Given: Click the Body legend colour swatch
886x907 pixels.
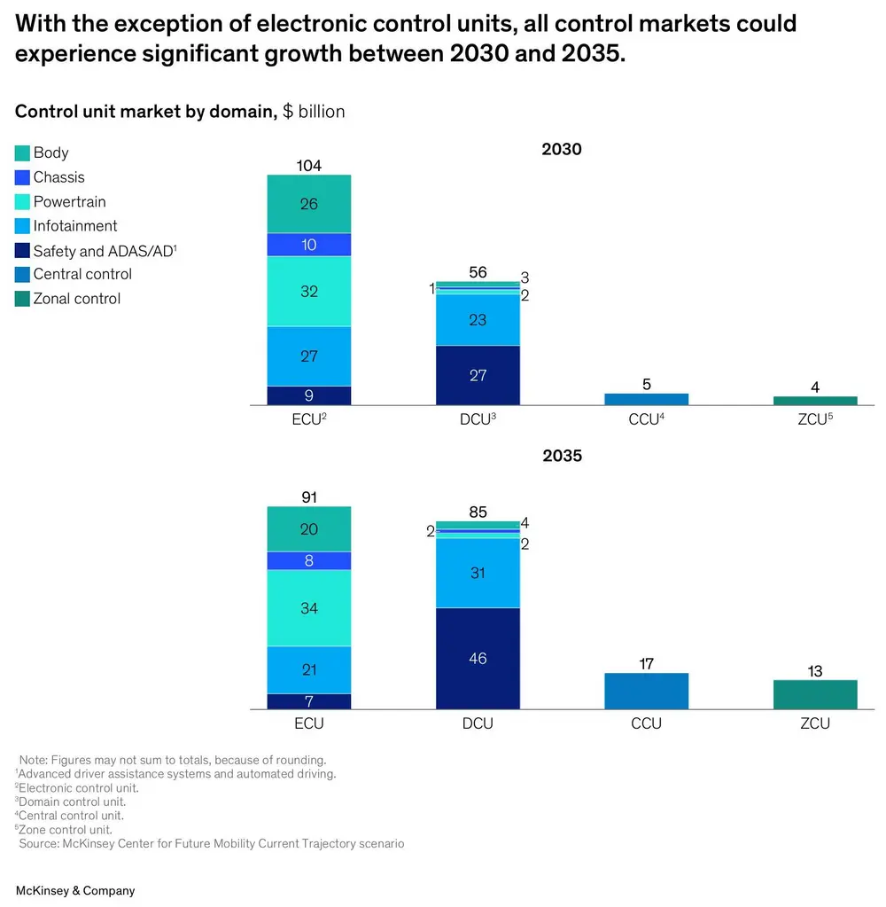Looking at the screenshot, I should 23,153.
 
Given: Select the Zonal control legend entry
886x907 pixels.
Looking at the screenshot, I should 76,299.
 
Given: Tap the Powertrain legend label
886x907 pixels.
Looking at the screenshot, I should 69,202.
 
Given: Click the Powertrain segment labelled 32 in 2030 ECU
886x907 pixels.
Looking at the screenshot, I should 309,292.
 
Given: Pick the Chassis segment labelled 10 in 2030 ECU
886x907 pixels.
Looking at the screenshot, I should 309,245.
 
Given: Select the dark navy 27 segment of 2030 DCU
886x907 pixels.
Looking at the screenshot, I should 478,375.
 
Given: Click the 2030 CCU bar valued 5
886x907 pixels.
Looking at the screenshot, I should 646,399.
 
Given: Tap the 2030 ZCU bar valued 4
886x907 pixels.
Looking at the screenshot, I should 814,401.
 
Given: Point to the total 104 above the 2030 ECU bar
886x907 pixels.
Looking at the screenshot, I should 309,166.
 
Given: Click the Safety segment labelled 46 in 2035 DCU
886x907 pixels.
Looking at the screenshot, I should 478,659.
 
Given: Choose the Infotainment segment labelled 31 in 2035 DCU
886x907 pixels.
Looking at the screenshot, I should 478,574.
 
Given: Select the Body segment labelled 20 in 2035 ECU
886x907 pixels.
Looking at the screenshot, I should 309,529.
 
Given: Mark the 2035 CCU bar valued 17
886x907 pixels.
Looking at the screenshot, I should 646,692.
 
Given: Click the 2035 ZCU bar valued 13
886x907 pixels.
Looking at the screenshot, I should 814,695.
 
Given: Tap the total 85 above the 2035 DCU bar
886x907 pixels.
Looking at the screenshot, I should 478,512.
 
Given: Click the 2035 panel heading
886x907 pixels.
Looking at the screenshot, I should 562,456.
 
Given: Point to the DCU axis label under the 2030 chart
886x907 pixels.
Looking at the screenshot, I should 478,420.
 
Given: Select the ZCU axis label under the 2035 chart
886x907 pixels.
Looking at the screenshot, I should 814,723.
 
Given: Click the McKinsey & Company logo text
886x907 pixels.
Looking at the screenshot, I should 75,890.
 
